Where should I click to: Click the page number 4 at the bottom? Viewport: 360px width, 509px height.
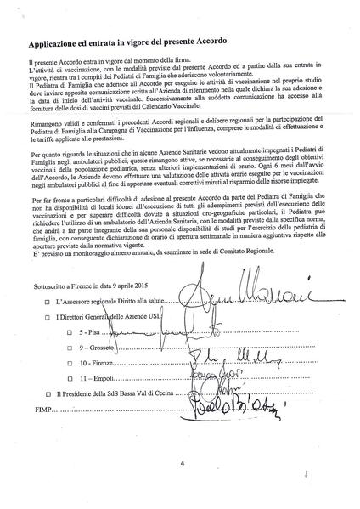(x=182, y=463)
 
